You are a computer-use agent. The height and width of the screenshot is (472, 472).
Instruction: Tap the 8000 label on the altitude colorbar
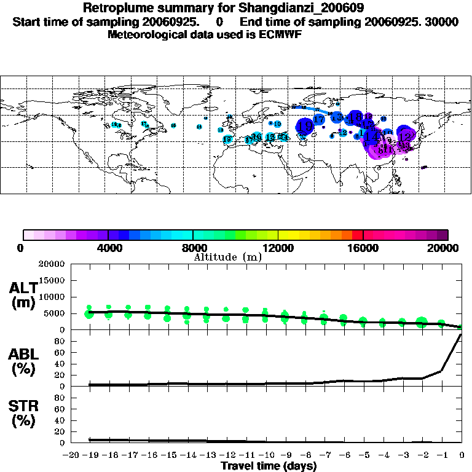point(193,248)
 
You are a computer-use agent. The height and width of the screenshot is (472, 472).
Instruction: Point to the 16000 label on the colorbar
point(363,248)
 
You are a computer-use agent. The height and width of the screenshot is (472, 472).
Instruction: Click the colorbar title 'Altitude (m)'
point(227,257)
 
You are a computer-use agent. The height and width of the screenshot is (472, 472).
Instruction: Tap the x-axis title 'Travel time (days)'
point(269,466)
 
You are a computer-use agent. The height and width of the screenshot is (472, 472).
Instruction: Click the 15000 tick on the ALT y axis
point(53,280)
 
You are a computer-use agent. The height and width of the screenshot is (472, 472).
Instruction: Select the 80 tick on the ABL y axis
point(60,340)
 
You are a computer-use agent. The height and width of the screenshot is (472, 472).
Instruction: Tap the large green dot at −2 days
point(422,322)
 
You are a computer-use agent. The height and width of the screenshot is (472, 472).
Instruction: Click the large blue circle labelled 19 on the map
point(305,126)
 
